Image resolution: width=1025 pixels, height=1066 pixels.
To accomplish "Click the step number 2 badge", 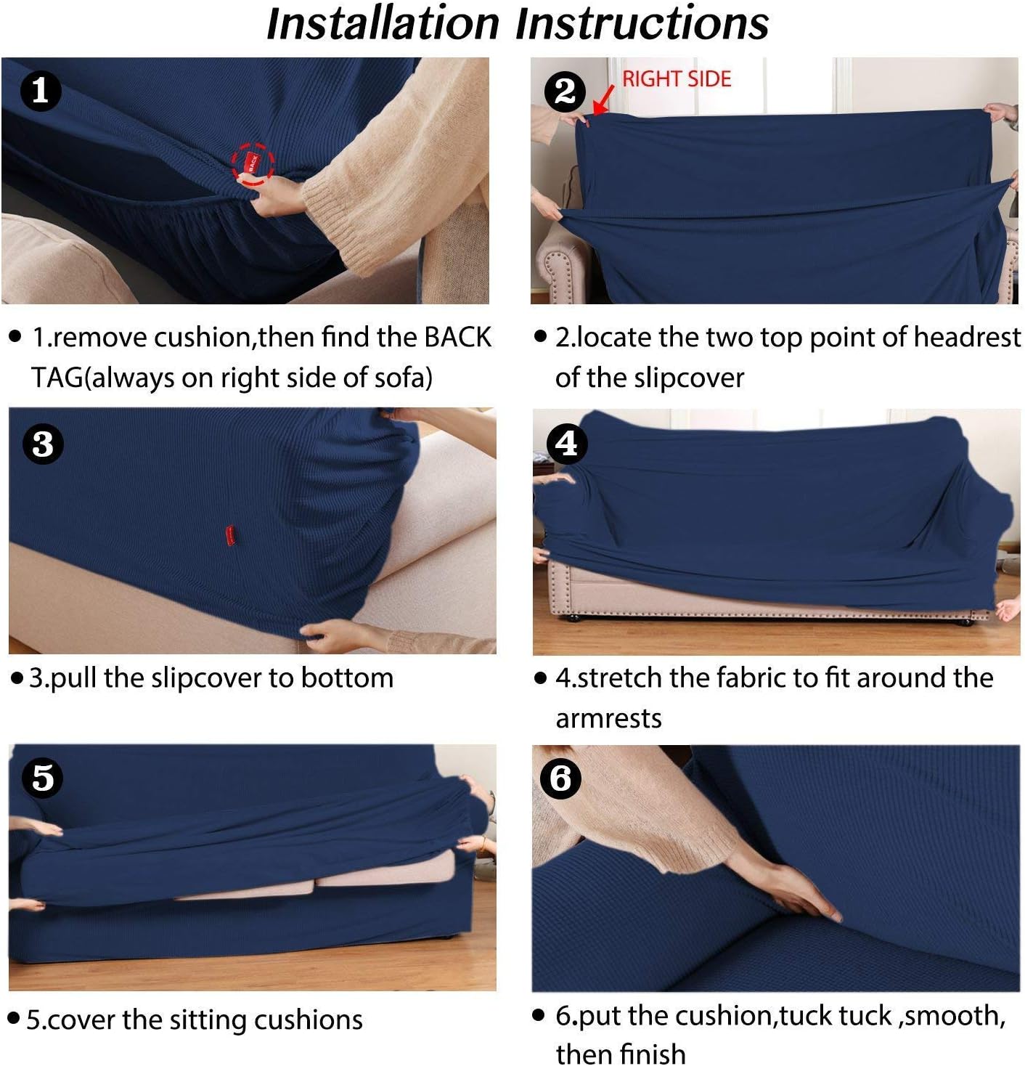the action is [x=565, y=91].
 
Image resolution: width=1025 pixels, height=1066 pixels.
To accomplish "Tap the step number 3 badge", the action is [x=43, y=444].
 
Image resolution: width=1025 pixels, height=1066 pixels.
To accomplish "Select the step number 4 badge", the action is [x=567, y=444].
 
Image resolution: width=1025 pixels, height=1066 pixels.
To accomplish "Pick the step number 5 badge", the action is [x=43, y=778].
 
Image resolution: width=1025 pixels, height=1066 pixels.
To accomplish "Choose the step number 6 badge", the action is [x=560, y=778].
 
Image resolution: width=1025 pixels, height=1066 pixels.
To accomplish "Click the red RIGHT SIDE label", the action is [x=677, y=79].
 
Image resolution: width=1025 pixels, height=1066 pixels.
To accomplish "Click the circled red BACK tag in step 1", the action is [x=252, y=163].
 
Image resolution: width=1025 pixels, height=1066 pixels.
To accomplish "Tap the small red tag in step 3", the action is [x=231, y=537].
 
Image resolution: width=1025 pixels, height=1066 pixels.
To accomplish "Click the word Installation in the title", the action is [x=383, y=24].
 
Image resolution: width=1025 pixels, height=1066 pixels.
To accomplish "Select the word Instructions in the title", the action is [x=642, y=24].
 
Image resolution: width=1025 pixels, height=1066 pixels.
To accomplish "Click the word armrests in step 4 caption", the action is [x=608, y=719].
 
